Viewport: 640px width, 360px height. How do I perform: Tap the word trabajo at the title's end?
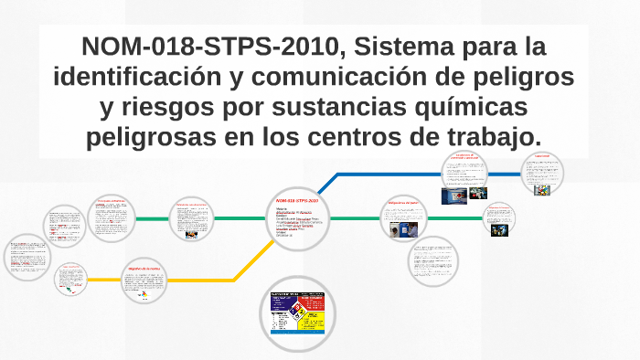(x=490, y=138)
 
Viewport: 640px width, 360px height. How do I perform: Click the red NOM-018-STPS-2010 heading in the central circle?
(x=297, y=198)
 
